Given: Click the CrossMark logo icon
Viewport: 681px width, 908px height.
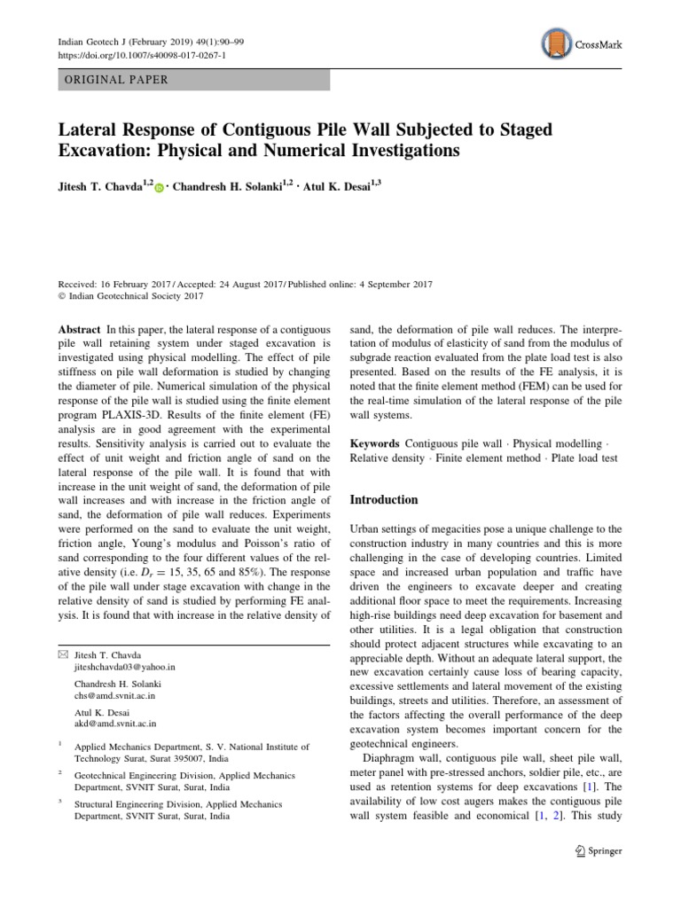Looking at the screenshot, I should (553, 44).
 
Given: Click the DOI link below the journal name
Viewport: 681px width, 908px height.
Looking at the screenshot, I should (141, 55).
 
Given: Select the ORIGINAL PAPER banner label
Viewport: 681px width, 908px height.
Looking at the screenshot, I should (113, 80).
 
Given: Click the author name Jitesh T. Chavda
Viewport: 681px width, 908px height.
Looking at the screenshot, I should (98, 187).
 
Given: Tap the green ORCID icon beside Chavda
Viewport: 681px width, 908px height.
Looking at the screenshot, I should (159, 188).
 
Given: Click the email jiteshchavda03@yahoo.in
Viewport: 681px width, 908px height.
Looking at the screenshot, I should (125, 665).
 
